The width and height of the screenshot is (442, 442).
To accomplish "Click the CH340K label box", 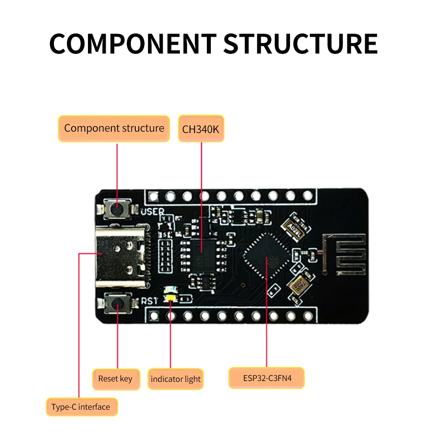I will [201, 129].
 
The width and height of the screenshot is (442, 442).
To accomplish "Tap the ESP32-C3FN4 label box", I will [267, 378].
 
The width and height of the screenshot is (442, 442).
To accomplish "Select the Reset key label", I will [115, 379].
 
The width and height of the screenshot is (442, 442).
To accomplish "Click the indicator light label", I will [175, 379].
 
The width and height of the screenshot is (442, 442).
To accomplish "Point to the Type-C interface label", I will [81, 407].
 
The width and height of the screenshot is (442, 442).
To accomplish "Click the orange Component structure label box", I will [114, 129].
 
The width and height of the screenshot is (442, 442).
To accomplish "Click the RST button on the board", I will [117, 303].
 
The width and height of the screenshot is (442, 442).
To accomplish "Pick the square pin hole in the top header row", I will [154, 195].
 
